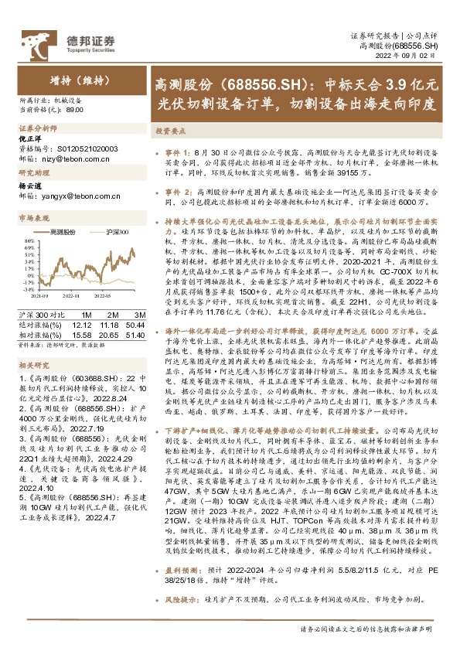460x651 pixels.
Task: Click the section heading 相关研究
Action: coord(33,364)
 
